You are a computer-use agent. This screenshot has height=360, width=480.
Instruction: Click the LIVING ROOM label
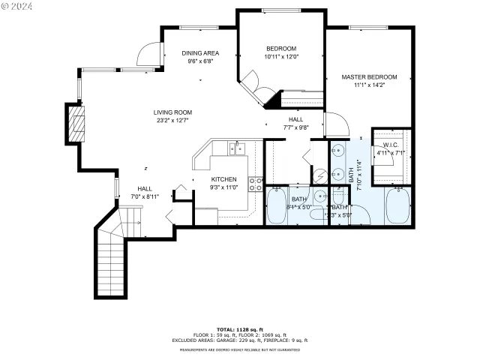point(173,112)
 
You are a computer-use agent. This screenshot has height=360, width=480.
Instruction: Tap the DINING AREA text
point(200,53)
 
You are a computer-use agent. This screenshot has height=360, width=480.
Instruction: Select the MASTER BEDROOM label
point(369,77)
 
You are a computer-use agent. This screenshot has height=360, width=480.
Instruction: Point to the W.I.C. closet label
point(390,145)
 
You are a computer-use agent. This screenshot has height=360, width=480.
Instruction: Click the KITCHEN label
point(223,179)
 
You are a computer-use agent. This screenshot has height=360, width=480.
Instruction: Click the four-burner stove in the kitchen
point(256,184)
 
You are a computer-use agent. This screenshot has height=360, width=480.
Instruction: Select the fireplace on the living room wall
point(76,124)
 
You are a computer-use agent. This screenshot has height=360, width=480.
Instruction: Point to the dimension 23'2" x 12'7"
point(173,120)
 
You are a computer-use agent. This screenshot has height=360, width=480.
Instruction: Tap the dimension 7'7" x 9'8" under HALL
point(295,127)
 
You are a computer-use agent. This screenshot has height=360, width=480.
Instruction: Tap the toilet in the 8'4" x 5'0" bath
point(322,197)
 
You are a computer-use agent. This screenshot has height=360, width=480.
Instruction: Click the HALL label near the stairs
point(145,188)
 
